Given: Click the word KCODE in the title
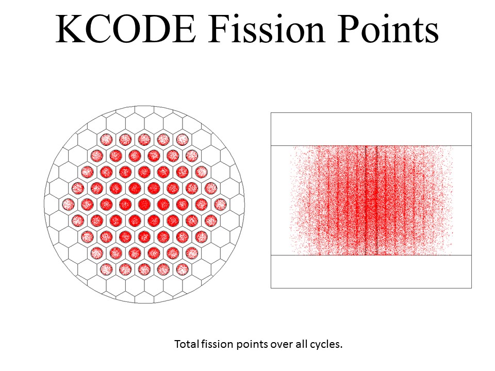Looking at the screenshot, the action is tap(126, 28).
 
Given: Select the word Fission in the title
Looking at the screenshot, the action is tap(267, 28).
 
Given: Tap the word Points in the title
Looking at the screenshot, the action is tap(388, 28).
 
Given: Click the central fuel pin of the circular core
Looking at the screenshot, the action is tap(144, 205).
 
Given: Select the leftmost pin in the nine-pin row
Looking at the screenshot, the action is tap(69, 205).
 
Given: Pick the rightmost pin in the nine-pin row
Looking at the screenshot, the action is tap(220, 205).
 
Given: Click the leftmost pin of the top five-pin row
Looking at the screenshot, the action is tap(106, 140).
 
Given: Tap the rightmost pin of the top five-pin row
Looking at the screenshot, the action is tap(182, 140).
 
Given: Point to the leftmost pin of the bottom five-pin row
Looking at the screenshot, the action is tap(106, 269).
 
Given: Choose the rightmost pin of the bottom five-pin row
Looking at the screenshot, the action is tap(182, 269).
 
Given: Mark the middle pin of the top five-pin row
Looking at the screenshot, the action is tap(144, 140).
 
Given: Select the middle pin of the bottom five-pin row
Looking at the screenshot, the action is tap(144, 269).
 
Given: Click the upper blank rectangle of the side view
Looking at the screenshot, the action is tap(371, 129).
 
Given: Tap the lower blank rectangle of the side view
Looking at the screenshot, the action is tap(371, 272).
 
